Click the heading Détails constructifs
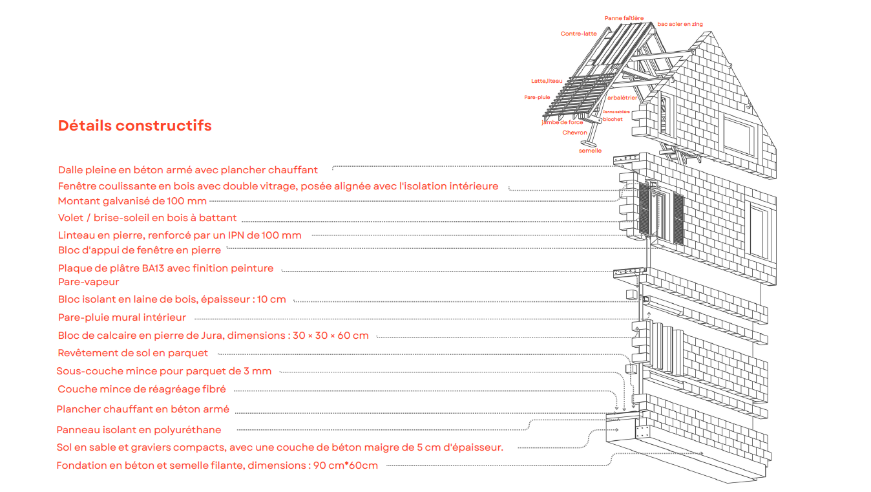[x=134, y=125]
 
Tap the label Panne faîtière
[x=624, y=18]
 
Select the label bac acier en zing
[x=680, y=25]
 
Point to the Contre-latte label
[x=578, y=34]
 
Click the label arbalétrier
[x=622, y=98]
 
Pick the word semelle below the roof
[x=590, y=151]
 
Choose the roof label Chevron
[x=574, y=133]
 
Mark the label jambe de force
[x=562, y=122]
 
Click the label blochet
[x=613, y=119]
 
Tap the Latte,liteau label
[x=547, y=81]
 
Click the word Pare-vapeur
[x=89, y=282]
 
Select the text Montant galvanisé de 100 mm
[x=132, y=201]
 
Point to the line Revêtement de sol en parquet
[x=132, y=353]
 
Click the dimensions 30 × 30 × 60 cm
[x=330, y=336]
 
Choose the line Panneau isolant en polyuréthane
[x=138, y=430]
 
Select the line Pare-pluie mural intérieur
[x=121, y=317]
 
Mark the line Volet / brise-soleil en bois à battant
[x=147, y=218]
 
